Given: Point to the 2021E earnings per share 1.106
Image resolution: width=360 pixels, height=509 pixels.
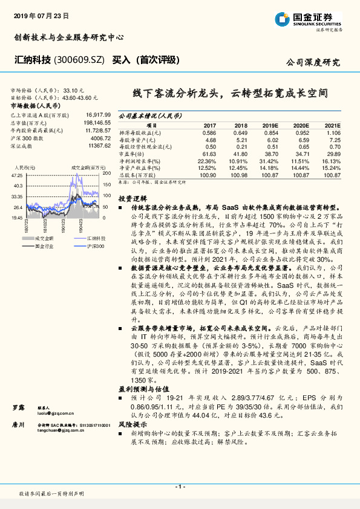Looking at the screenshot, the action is pos(333,132).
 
